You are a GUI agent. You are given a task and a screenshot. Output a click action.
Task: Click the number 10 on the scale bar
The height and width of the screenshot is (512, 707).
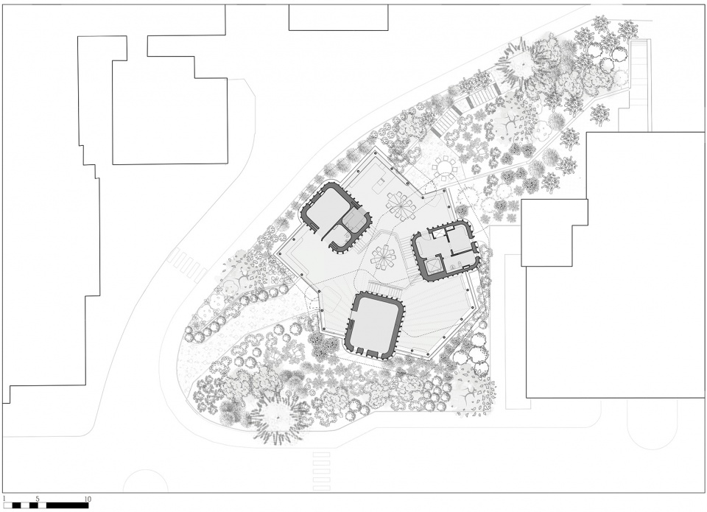(x=88, y=499)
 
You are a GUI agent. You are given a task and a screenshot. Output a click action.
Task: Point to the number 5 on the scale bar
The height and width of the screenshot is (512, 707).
(x=38, y=499)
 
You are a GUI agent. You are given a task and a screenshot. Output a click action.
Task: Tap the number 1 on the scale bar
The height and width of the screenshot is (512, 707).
(x=4, y=499)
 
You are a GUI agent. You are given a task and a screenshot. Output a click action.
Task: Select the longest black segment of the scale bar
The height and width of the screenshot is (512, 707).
(x=67, y=505)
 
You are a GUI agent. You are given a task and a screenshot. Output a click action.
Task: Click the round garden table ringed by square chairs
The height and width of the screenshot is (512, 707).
(x=445, y=168)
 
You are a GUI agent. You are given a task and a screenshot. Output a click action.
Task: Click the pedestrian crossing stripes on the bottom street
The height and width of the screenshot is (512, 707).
(x=321, y=471)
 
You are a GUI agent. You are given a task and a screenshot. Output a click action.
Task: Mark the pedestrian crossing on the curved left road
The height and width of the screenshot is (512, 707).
(x=187, y=266)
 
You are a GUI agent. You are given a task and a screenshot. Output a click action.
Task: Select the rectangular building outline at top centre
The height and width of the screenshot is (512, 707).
(x=338, y=18)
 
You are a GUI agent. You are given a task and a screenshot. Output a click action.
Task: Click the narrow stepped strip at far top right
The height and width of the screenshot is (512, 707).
(x=639, y=72)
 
